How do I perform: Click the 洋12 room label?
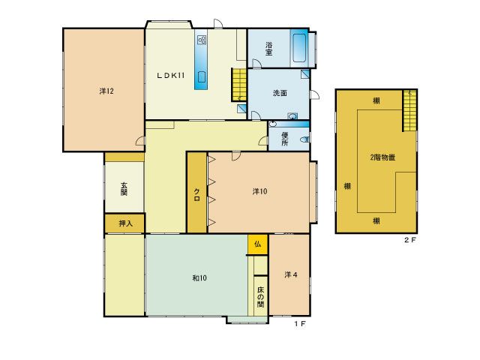[106, 91]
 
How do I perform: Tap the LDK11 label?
[170, 75]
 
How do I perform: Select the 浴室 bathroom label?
[268, 49]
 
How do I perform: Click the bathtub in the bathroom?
[299, 48]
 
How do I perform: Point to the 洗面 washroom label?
[280, 93]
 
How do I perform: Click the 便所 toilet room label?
[285, 139]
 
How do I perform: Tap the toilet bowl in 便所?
[304, 139]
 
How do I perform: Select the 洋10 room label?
[259, 191]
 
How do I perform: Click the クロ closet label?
[196, 195]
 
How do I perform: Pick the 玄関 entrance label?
[124, 189]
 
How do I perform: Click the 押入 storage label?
[125, 223]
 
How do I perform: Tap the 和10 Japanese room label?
[199, 278]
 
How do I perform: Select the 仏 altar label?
[258, 244]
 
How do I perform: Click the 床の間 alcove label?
[260, 297]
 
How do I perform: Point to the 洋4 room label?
[291, 275]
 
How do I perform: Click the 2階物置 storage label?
[382, 157]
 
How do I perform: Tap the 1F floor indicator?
[300, 323]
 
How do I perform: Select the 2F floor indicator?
[410, 240]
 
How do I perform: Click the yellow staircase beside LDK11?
[238, 85]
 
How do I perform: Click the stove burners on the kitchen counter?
[202, 40]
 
